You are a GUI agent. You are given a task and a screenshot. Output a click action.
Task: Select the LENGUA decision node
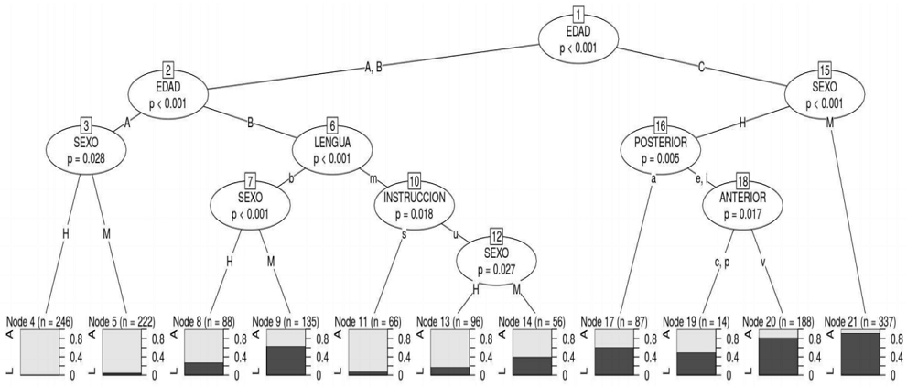point(333,147)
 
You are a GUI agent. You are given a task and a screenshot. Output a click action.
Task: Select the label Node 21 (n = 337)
point(860,322)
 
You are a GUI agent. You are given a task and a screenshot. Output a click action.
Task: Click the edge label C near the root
point(701,65)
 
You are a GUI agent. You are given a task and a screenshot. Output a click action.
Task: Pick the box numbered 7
point(249,179)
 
